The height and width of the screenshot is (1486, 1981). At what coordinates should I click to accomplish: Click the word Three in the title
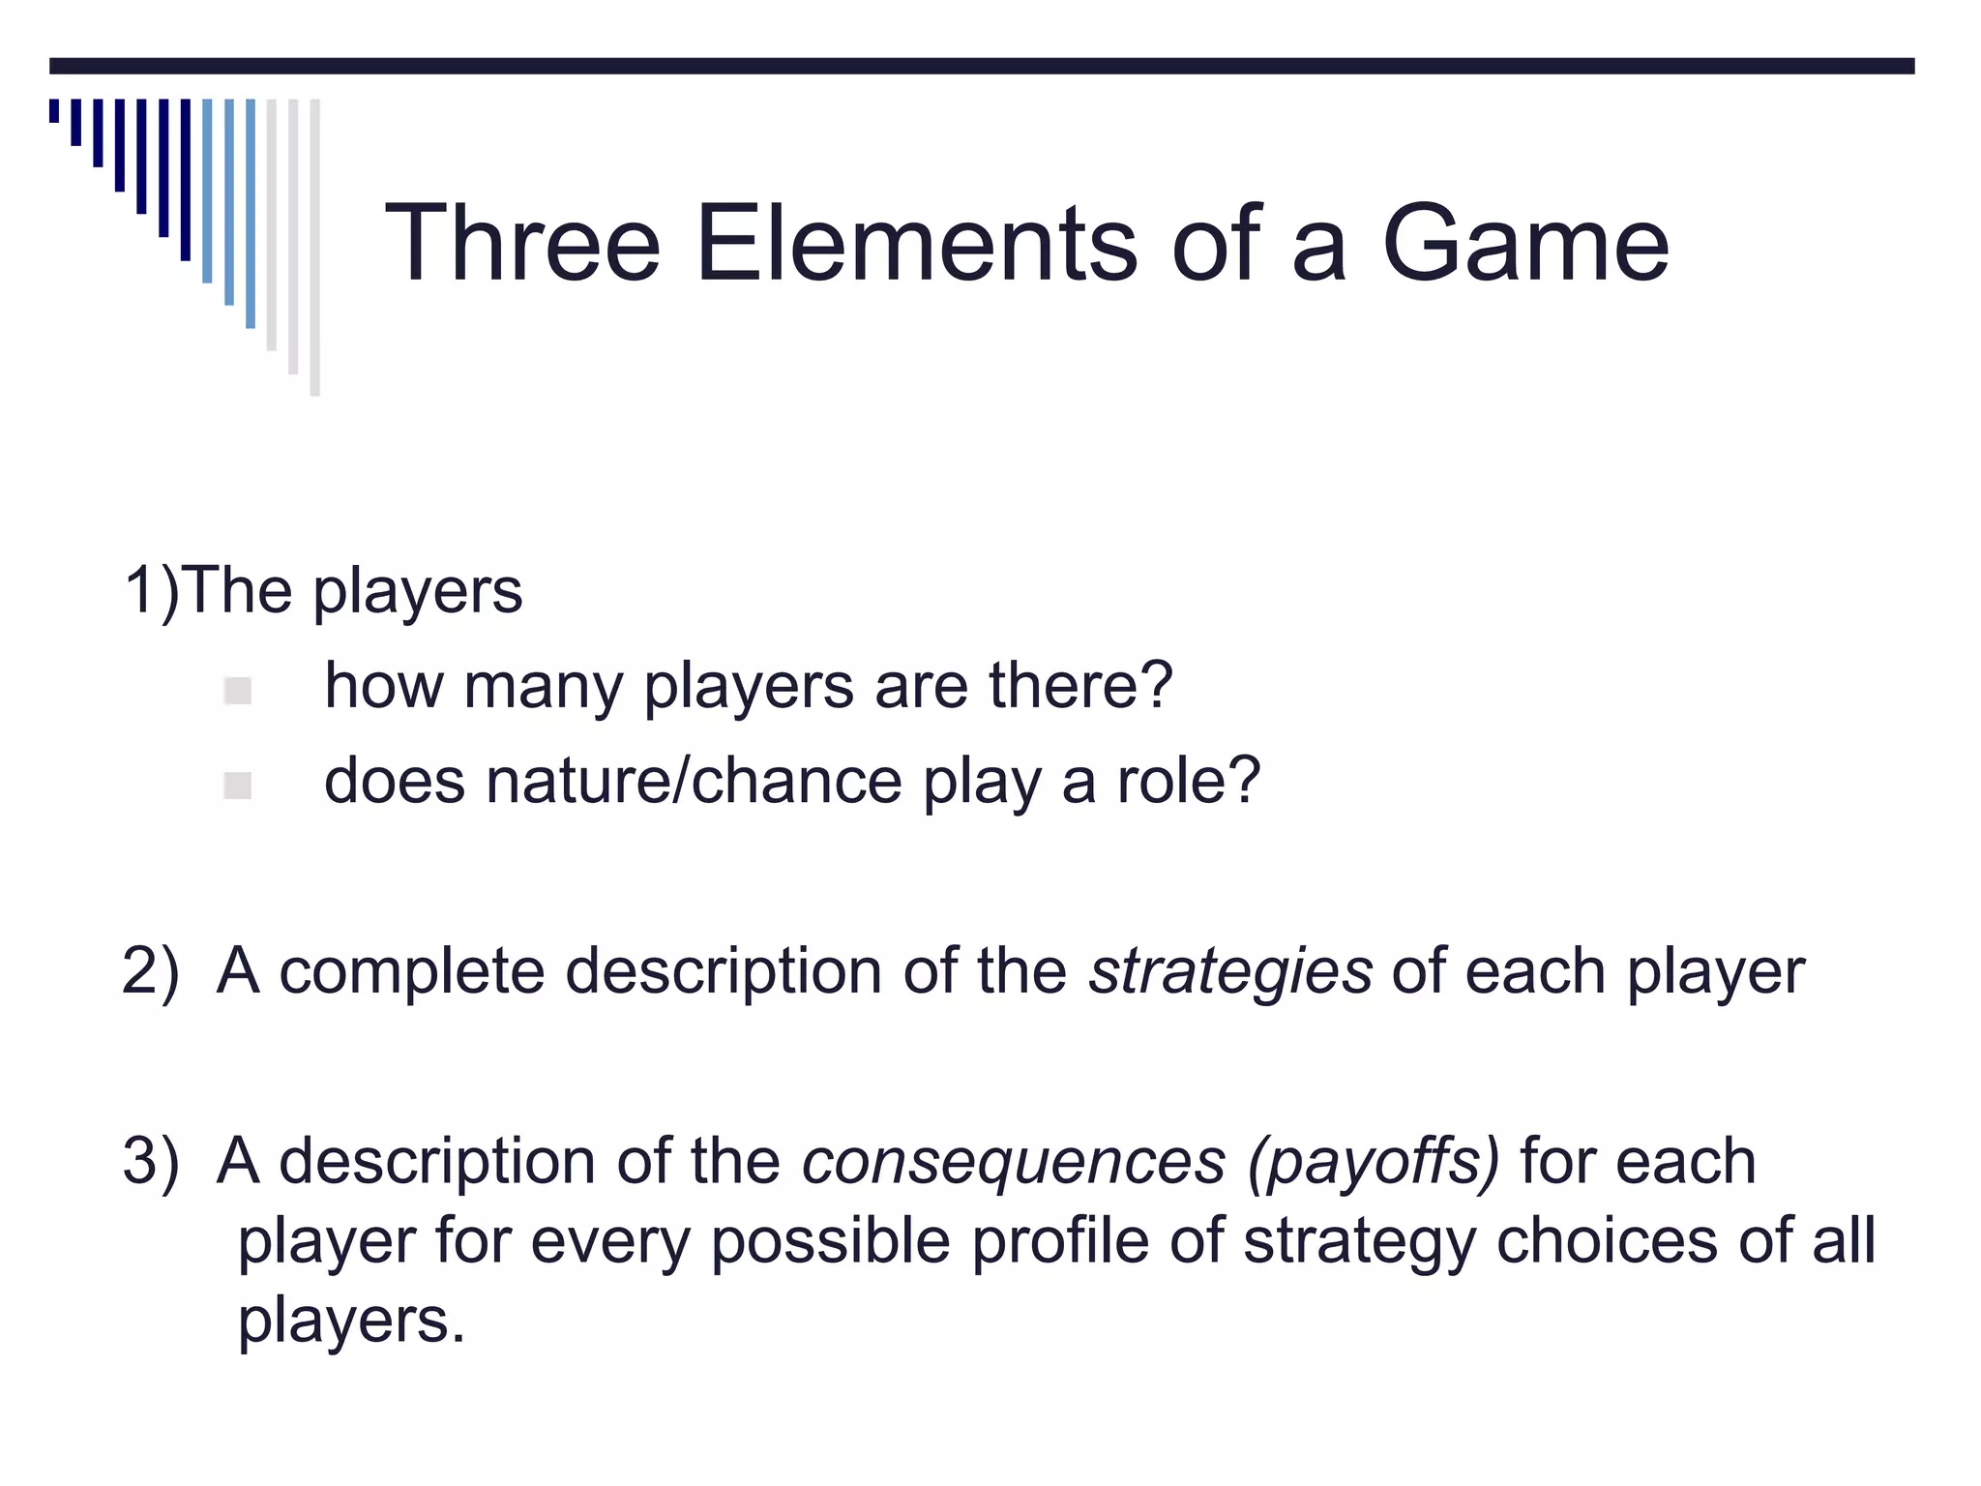tap(522, 243)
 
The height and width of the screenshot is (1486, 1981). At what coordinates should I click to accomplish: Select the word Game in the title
tap(1525, 243)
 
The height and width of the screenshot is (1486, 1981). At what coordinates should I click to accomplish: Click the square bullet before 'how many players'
tap(237, 691)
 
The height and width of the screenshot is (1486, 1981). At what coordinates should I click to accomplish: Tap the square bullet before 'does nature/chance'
tap(237, 786)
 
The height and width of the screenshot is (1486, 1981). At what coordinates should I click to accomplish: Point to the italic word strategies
tap(1230, 971)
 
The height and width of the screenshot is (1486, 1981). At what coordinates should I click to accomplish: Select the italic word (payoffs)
tap(1374, 1162)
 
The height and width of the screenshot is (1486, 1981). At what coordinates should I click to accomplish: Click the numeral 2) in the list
tap(151, 971)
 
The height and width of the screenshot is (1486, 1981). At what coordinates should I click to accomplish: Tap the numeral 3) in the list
tap(151, 1162)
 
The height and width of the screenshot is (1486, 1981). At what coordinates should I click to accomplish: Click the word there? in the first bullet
tap(1080, 686)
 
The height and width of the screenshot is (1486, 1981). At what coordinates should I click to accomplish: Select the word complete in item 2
tap(412, 971)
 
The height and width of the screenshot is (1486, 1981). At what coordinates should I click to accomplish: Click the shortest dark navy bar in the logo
tap(54, 110)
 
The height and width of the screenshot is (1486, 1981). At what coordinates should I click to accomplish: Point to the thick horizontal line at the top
tap(982, 66)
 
